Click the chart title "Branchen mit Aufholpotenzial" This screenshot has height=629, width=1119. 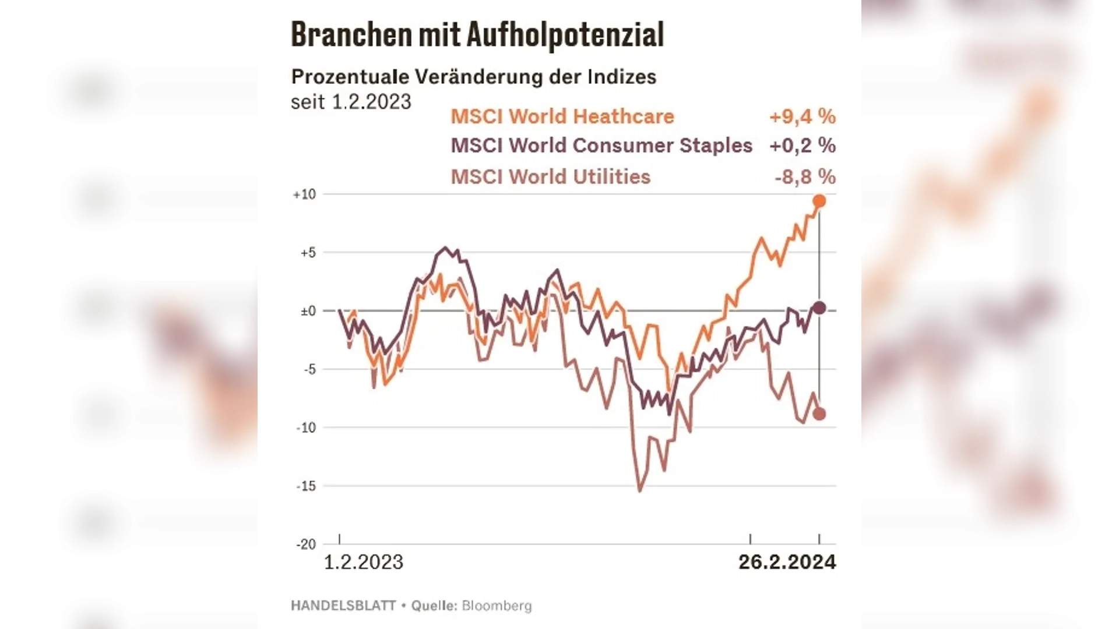477,35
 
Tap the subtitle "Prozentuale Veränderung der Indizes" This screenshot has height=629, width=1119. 473,77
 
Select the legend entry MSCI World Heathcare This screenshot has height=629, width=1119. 562,116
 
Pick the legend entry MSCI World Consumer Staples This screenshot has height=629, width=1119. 601,146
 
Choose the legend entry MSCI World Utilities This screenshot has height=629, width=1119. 550,176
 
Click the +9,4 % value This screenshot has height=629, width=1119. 802,116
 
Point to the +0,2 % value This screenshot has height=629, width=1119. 802,146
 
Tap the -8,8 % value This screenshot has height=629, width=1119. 804,176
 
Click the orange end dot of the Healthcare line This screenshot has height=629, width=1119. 819,202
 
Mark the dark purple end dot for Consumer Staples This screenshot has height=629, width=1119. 819,308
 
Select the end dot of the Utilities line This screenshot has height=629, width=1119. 819,414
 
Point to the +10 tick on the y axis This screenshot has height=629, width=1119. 304,195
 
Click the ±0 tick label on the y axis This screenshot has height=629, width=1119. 308,311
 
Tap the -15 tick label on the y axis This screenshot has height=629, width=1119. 306,486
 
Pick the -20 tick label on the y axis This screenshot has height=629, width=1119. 306,545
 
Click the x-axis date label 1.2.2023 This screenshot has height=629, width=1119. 363,562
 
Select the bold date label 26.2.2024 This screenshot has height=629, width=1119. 787,562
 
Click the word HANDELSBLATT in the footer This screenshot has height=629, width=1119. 343,606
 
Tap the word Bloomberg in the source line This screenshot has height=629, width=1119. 497,606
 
